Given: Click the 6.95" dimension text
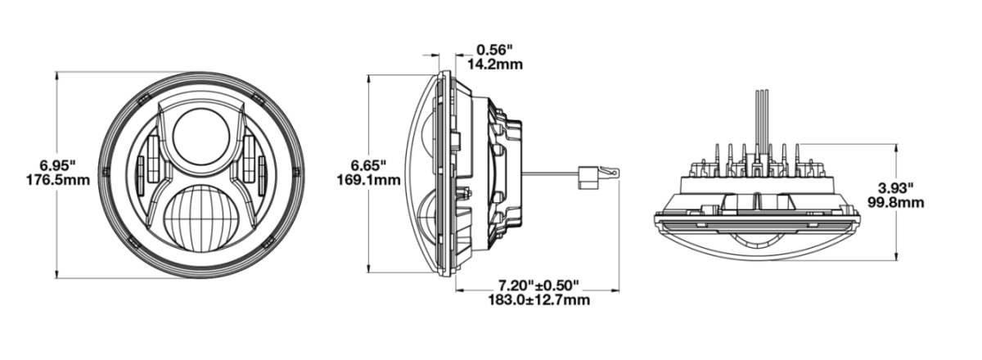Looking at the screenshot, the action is point(58,166).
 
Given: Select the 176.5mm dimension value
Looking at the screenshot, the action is point(58,180).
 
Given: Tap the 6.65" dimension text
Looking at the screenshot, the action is point(368,166).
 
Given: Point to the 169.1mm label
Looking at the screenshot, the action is point(369,180).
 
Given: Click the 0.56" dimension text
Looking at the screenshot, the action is point(494,50).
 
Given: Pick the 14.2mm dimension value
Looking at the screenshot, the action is point(495,65).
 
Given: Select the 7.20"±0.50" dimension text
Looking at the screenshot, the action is point(538,286).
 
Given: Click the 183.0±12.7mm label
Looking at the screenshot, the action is point(538,300).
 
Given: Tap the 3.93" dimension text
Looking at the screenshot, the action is point(895,188).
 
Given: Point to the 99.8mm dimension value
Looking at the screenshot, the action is point(895,203).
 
